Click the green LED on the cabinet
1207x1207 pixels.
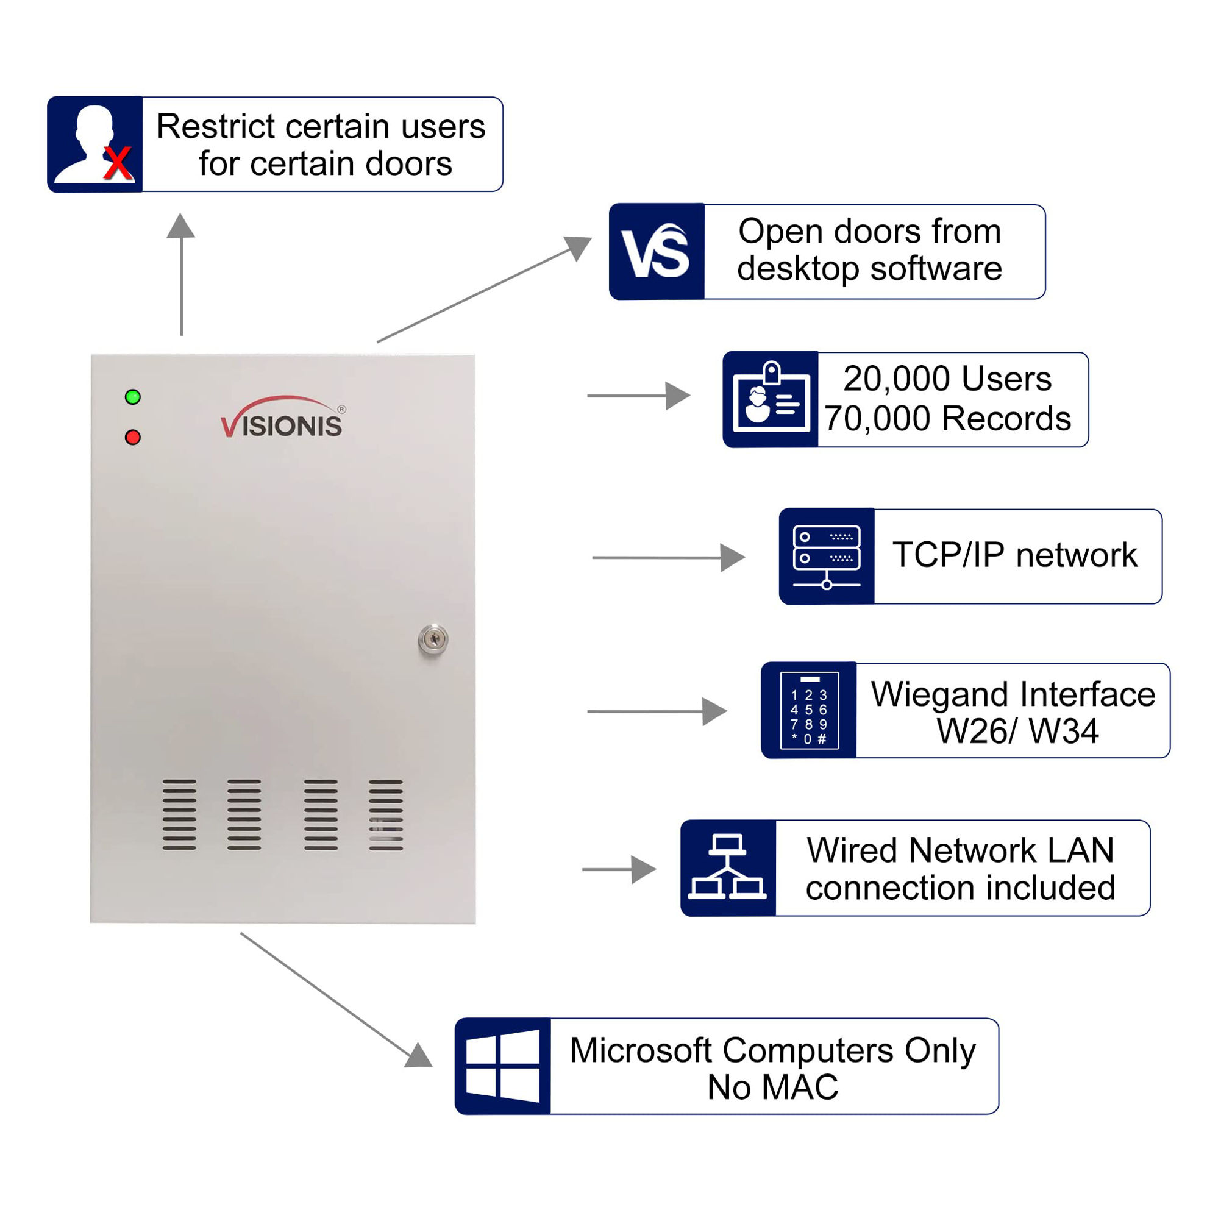(x=132, y=397)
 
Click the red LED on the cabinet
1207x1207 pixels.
(x=132, y=437)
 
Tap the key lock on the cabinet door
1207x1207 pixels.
(x=433, y=638)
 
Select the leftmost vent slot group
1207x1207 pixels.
(x=179, y=814)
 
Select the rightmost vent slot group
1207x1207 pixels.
(x=385, y=814)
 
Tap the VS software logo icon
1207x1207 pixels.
(x=656, y=251)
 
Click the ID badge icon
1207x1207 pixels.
(x=771, y=399)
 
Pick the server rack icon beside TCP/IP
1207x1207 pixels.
(x=827, y=557)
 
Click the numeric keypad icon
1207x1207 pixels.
(x=809, y=710)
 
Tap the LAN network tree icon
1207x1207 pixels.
(x=727, y=868)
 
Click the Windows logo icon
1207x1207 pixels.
(x=503, y=1066)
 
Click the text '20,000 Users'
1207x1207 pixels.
(x=947, y=379)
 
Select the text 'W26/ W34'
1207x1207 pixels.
(x=1017, y=731)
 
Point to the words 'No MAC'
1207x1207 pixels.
(x=773, y=1087)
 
